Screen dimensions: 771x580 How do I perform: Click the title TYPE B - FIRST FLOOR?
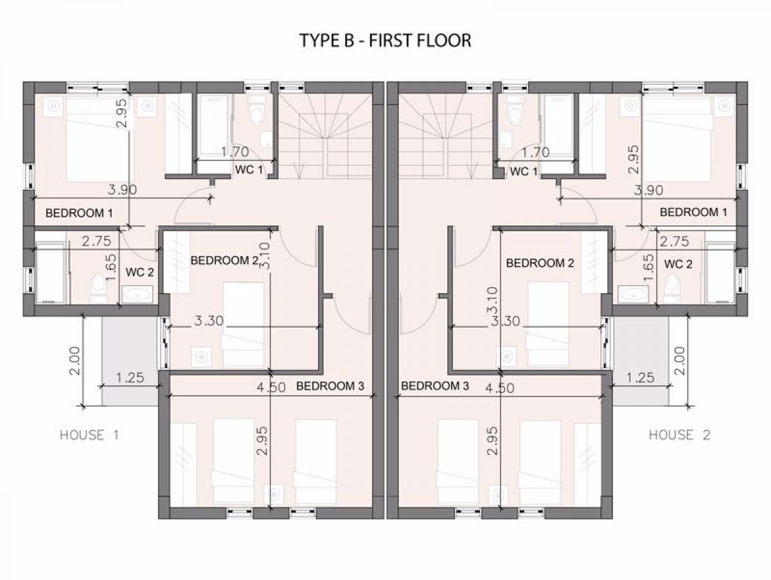tap(385, 40)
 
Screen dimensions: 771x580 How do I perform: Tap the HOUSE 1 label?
tap(89, 435)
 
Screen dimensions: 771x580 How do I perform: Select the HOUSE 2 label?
tap(679, 435)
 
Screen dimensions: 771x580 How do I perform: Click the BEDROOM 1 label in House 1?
tap(80, 213)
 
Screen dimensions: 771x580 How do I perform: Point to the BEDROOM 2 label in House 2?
tap(540, 263)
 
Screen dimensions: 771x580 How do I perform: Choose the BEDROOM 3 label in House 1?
tap(330, 386)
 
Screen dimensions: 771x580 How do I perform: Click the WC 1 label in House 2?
tap(524, 171)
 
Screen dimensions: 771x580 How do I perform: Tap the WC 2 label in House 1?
tap(140, 272)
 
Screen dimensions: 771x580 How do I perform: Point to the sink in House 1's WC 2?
tap(137, 295)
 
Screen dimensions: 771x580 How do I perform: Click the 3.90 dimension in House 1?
tap(122, 190)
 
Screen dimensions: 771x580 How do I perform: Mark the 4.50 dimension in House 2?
tap(499, 389)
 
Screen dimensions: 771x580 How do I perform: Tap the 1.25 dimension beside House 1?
tap(130, 378)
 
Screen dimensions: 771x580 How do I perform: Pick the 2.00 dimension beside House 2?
tap(680, 361)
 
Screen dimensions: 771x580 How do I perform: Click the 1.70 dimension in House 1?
tap(235, 152)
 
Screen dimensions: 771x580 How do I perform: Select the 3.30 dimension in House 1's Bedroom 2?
tap(209, 321)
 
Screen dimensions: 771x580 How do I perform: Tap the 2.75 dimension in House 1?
tap(96, 242)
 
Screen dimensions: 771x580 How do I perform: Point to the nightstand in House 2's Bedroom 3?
tap(499, 495)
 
